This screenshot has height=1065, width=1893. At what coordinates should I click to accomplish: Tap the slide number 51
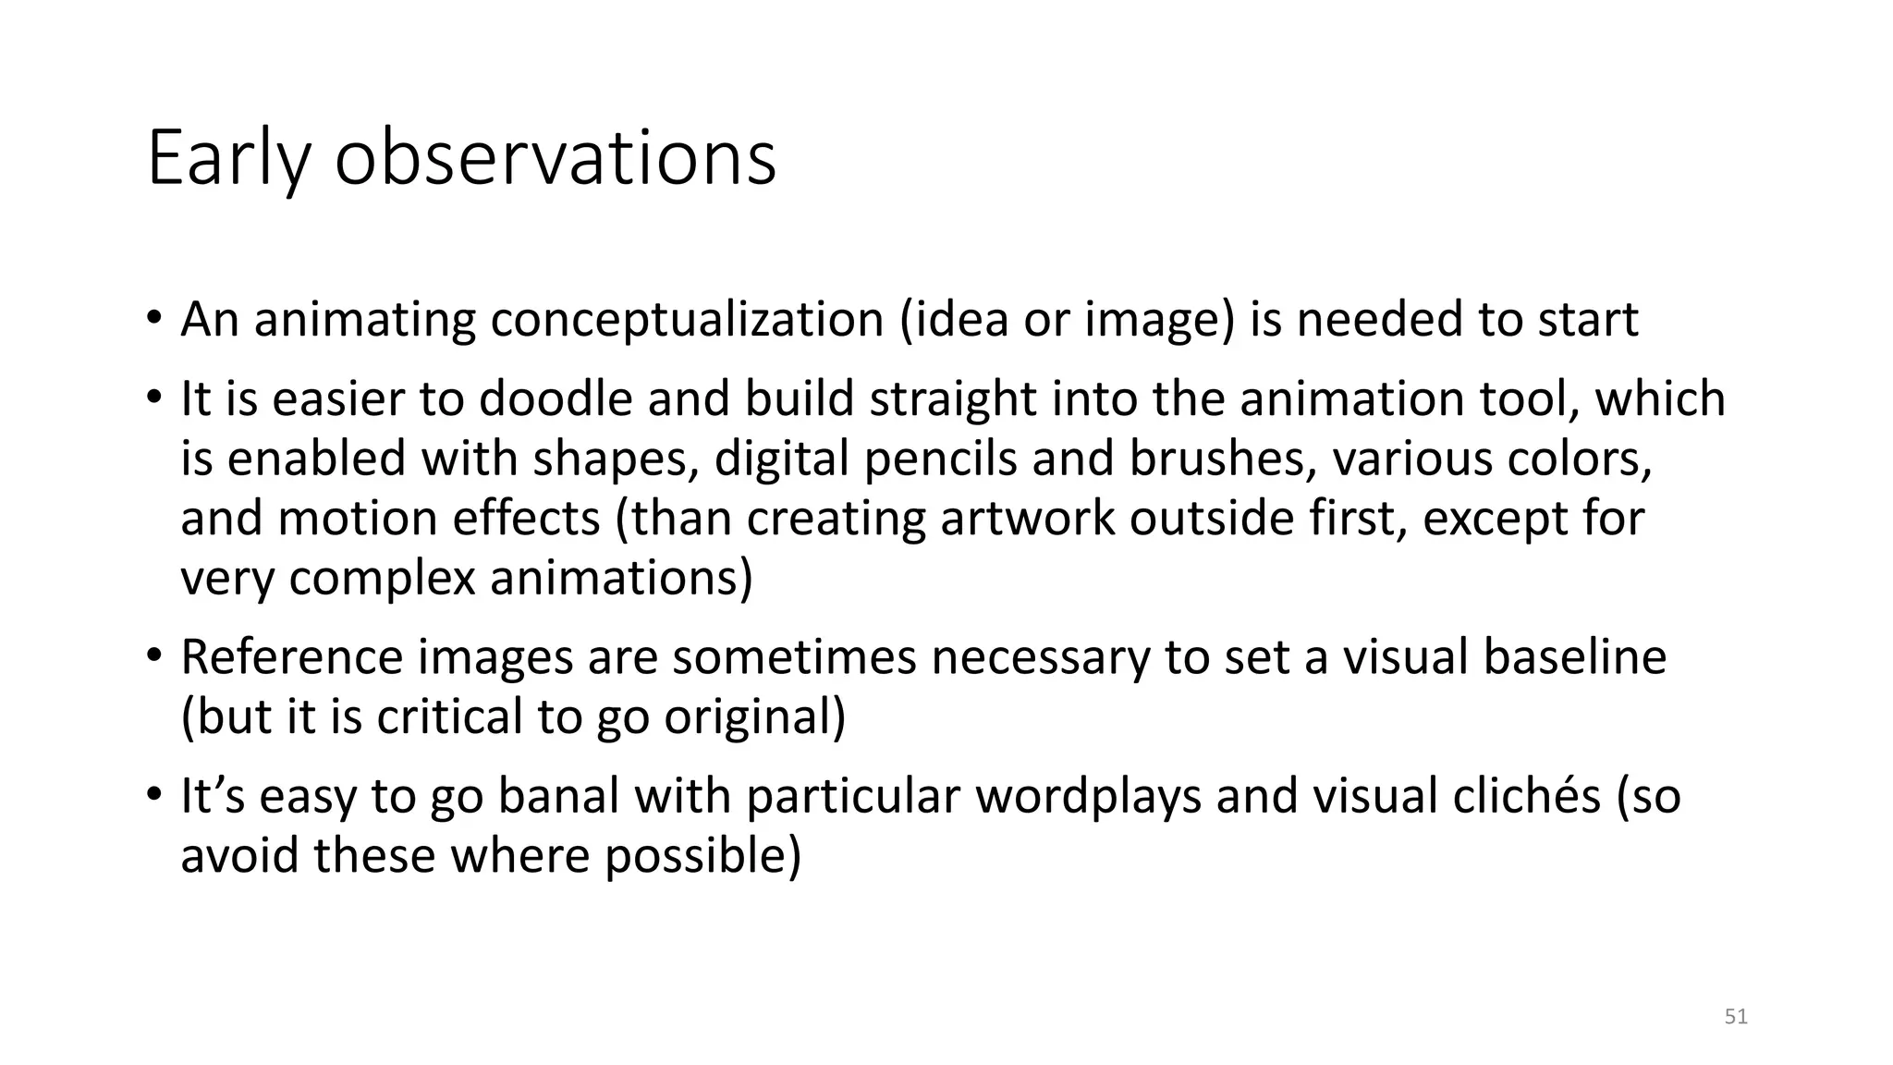(1736, 1017)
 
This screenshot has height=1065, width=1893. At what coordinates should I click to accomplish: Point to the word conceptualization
(687, 320)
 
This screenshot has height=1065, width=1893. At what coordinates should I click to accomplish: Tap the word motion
(357, 518)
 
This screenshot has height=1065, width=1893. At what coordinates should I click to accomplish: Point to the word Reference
(291, 657)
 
